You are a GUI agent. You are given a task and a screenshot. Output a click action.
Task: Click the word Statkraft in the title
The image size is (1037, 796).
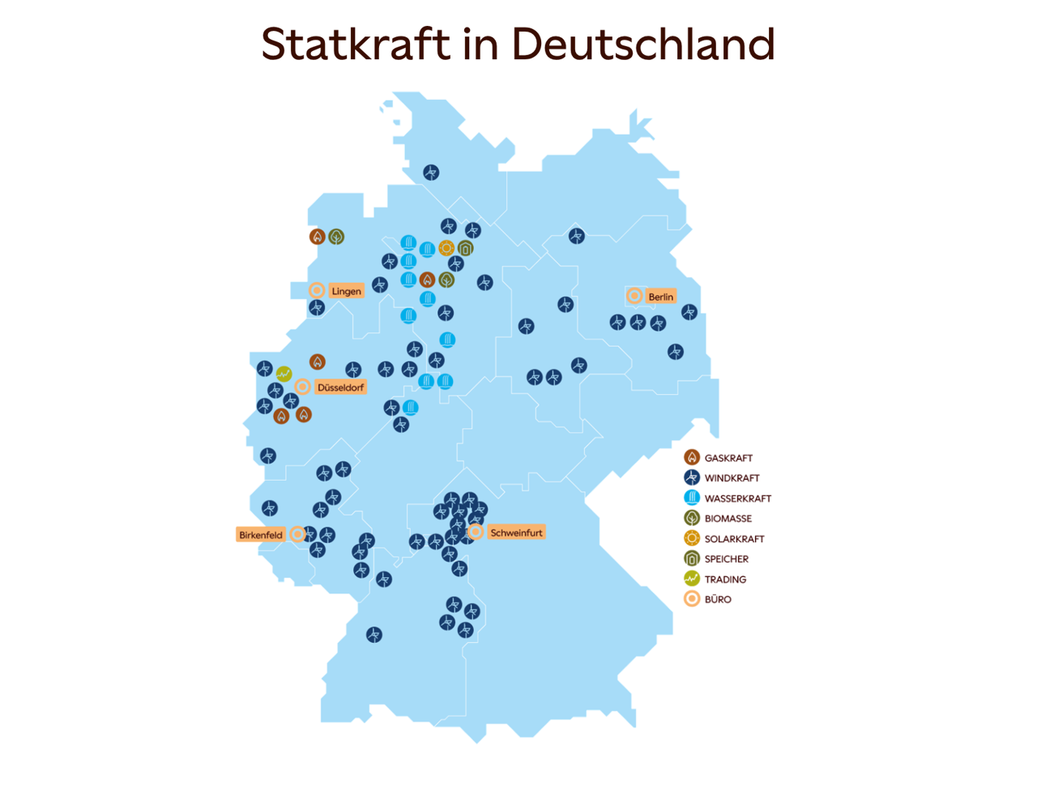pyautogui.click(x=355, y=45)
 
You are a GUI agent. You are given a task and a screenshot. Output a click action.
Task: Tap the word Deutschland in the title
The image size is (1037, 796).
pyautogui.click(x=643, y=45)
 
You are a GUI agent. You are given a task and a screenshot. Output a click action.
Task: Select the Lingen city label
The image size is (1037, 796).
pyautogui.click(x=346, y=291)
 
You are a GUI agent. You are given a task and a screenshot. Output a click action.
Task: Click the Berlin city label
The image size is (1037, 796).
pyautogui.click(x=660, y=297)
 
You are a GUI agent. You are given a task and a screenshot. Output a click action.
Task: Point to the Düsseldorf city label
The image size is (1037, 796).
pyautogui.click(x=340, y=387)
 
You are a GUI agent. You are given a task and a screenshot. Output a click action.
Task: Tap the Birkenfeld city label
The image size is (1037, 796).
pyautogui.click(x=261, y=535)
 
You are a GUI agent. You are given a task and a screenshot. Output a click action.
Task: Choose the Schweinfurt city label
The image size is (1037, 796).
pyautogui.click(x=516, y=533)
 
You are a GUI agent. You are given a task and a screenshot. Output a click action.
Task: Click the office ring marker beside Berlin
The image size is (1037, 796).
pyautogui.click(x=634, y=296)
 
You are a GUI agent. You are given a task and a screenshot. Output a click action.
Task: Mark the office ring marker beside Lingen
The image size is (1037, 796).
pyautogui.click(x=317, y=290)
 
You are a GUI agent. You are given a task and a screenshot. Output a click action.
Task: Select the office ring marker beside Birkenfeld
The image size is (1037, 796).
pyautogui.click(x=297, y=534)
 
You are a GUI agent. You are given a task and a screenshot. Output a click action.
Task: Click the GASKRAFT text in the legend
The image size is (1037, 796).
pyautogui.click(x=728, y=458)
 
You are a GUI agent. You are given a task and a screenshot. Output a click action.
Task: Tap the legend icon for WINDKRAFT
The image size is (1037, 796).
pyautogui.click(x=692, y=477)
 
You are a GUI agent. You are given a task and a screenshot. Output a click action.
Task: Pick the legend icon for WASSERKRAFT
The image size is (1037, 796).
pyautogui.click(x=692, y=498)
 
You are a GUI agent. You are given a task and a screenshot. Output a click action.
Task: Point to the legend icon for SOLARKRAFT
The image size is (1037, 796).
pyautogui.click(x=692, y=538)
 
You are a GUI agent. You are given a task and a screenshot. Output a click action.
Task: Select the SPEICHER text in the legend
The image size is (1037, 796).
pyautogui.click(x=726, y=559)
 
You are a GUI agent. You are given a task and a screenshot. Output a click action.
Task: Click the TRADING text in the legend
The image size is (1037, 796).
pyautogui.click(x=725, y=580)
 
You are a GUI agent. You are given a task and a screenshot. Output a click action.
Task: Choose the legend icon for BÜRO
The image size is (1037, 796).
pyautogui.click(x=692, y=599)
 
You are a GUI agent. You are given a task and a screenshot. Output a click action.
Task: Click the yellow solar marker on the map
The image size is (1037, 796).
pyautogui.click(x=446, y=248)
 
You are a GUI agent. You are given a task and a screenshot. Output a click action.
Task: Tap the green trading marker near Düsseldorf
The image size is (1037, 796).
pyautogui.click(x=284, y=374)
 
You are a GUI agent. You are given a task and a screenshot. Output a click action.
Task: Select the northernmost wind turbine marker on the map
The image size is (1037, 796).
pyautogui.click(x=431, y=173)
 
